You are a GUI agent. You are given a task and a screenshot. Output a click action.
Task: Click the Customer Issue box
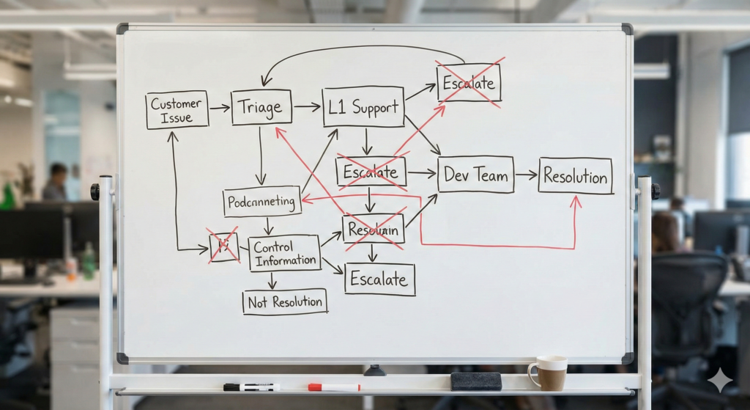[177, 110]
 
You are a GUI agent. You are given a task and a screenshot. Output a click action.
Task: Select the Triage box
[261, 108]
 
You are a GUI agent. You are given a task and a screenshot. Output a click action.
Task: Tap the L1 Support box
[363, 107]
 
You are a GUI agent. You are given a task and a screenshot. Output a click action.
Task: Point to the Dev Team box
[475, 175]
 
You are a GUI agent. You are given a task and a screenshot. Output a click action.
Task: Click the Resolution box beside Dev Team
[575, 176]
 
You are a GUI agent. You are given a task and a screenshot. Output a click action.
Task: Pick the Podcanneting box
[261, 201]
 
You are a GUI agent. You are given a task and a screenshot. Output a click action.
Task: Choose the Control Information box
[284, 254]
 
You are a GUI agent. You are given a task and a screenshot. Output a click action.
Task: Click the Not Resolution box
[284, 301]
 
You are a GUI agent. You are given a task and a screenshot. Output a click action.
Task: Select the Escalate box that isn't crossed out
[379, 279]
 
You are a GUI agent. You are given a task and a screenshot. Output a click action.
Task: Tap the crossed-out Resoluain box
[373, 229]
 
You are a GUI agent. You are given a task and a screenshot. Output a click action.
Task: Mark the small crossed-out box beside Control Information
[223, 246]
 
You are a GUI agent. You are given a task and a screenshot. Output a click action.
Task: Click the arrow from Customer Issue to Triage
[220, 108]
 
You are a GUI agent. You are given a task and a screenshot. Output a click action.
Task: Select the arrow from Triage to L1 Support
[307, 107]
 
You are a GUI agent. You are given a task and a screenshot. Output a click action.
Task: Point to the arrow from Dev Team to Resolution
[526, 175]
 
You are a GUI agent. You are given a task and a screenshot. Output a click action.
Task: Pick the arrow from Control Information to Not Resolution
[272, 281]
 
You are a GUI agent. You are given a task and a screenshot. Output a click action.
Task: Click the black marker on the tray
[250, 387]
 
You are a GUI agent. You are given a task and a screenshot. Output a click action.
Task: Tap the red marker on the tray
[334, 387]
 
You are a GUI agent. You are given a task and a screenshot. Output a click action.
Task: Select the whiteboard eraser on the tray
[475, 381]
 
